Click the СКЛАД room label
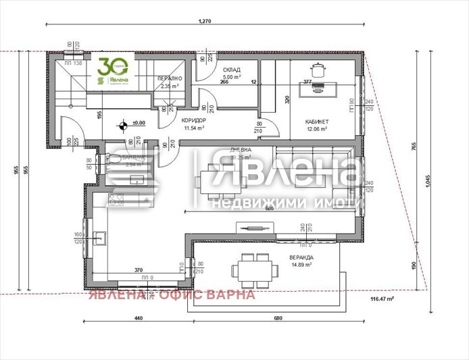[231, 70]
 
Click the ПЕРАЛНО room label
[168, 78]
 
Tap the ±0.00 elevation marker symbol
[123, 124]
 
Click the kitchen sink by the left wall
[101, 237]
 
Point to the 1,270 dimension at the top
[205, 22]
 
